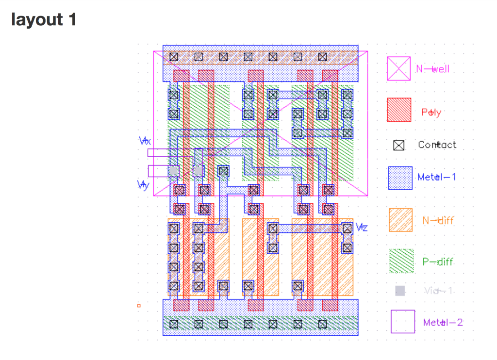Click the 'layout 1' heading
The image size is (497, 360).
44,20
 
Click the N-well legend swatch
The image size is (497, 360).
398,69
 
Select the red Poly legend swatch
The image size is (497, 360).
399,110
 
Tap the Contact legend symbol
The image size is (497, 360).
398,145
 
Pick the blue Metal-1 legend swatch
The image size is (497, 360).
400,178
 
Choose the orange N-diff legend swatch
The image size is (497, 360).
401,220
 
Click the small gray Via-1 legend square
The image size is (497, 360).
400,291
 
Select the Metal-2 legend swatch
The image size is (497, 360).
403,322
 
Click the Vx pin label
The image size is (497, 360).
145,141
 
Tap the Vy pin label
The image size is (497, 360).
143,185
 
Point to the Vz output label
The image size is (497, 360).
362,227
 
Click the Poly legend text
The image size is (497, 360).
431,113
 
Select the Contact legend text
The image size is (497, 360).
437,145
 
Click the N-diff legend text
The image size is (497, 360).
438,220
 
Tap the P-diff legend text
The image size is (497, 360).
438,262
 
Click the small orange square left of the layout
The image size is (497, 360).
139,306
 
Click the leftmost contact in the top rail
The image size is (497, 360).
173,57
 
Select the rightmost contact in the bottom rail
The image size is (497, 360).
322,324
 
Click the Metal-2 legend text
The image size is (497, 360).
443,322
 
